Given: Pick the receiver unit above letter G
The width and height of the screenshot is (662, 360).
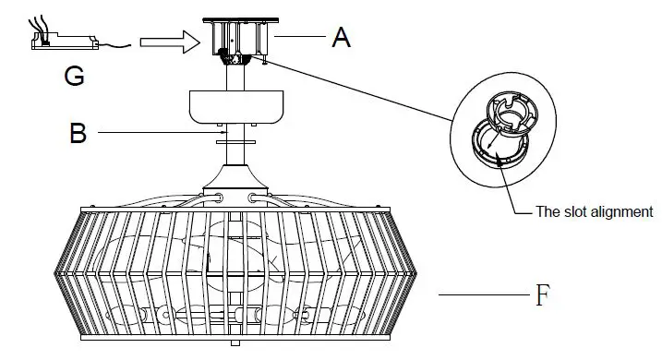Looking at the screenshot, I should pos(65,42).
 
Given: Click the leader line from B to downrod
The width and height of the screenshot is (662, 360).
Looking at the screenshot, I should pos(157,133).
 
